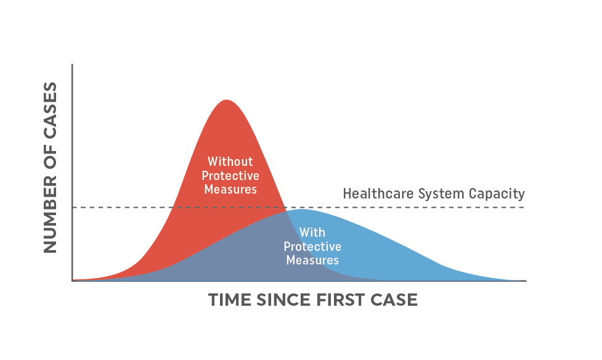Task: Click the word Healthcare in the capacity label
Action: [378, 194]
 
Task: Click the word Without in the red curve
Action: [230, 161]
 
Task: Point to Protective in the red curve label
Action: [230, 176]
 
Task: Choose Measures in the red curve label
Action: [230, 189]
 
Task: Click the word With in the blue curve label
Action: [312, 232]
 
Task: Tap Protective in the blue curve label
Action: [312, 247]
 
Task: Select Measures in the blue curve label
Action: [312, 260]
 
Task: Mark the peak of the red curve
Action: [227, 100]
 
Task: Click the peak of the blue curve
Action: [301, 210]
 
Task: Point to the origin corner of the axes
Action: [72, 281]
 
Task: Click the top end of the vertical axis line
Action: [72, 65]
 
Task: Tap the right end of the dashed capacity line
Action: [524, 208]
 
